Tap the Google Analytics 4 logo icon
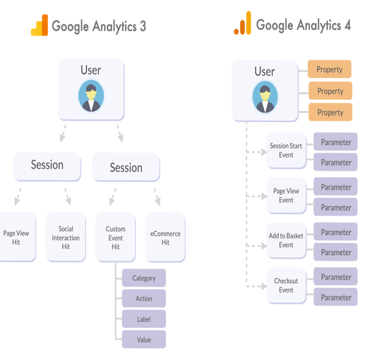[242, 24]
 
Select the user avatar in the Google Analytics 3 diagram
[91, 96]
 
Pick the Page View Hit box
[17, 237]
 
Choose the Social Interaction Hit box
[66, 237]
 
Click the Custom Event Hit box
[115, 237]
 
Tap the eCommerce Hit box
[165, 237]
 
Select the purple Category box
[144, 278]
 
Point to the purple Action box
[144, 298]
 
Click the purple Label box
[144, 319]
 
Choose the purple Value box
[144, 339]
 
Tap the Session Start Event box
[286, 150]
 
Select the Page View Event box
[286, 195]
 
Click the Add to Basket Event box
[286, 240]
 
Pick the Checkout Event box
[286, 285]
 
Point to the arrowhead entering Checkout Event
[264, 286]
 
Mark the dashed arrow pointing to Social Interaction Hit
[68, 197]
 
